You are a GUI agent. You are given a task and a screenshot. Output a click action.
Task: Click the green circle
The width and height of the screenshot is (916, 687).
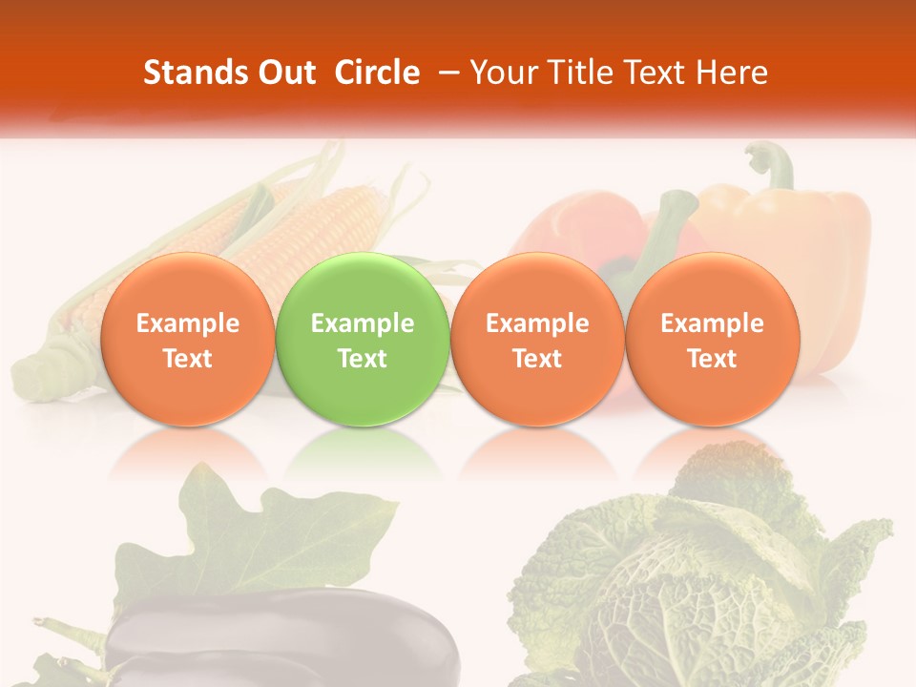[363, 340]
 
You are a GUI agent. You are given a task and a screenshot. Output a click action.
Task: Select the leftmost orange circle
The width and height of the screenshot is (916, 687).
[187, 340]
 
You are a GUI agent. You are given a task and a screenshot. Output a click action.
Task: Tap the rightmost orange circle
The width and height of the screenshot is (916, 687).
[712, 340]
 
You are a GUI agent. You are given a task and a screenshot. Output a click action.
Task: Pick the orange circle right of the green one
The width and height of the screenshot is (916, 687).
[537, 340]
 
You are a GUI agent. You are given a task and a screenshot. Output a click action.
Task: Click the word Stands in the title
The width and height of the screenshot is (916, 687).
[194, 73]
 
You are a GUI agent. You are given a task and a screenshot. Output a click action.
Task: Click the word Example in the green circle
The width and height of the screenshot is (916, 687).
[363, 323]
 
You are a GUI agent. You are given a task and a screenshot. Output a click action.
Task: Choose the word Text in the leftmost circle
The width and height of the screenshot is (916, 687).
[187, 359]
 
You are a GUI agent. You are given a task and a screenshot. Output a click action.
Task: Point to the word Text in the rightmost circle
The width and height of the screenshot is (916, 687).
[712, 359]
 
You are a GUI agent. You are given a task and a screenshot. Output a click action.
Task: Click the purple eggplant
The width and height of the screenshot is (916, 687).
[286, 639]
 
